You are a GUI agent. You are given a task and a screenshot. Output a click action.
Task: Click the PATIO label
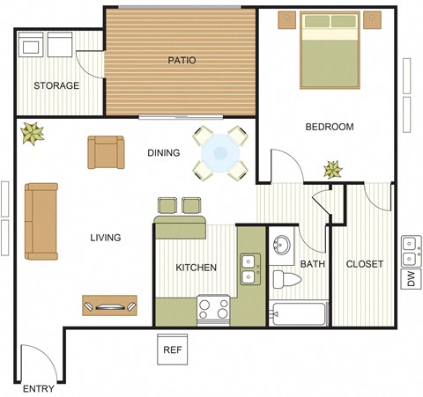pos(182,61)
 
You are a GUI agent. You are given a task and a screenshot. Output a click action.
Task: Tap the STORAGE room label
pos(56,86)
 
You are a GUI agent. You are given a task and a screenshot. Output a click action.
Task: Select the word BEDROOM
pos(329,127)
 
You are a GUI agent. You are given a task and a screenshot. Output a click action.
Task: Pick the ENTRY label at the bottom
pos(39,388)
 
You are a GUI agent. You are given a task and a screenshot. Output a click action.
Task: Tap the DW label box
pos(411,280)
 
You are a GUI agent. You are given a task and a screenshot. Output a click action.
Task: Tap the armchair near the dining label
pos(106,152)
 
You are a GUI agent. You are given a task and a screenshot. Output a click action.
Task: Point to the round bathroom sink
pos(283,246)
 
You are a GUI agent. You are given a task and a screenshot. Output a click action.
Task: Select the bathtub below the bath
pos(300,313)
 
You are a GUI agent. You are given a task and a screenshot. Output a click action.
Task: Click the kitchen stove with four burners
pos(213,308)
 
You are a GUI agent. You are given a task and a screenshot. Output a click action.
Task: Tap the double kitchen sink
pos(249,268)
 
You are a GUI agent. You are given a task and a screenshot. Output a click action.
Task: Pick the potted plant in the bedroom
pos(333,168)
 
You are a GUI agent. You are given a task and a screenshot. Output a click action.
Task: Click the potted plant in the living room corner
pos(33,133)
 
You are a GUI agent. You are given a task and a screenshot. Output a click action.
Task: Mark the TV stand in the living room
pos(110,305)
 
